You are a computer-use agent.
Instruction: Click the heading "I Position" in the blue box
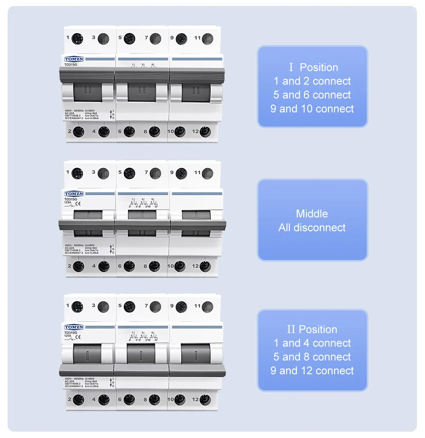point(313,67)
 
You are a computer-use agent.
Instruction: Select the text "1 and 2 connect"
point(312,81)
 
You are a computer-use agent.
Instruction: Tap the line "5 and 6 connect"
point(312,95)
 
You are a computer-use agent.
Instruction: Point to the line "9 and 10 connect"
point(312,109)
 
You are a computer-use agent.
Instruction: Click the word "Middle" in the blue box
point(312,214)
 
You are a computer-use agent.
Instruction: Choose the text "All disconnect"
point(312,227)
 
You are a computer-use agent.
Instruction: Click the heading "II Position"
point(312,329)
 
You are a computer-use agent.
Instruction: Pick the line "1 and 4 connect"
point(312,343)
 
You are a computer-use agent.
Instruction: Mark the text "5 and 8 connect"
point(312,357)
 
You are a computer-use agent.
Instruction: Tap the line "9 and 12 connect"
point(312,370)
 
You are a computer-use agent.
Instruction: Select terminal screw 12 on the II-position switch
point(205,400)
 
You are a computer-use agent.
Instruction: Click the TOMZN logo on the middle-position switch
point(74,194)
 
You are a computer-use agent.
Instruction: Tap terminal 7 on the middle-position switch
point(155,173)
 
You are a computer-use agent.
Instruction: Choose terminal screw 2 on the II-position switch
point(78,400)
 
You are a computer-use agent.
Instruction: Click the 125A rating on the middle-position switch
point(68,203)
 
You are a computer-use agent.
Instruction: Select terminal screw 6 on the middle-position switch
point(129,266)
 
